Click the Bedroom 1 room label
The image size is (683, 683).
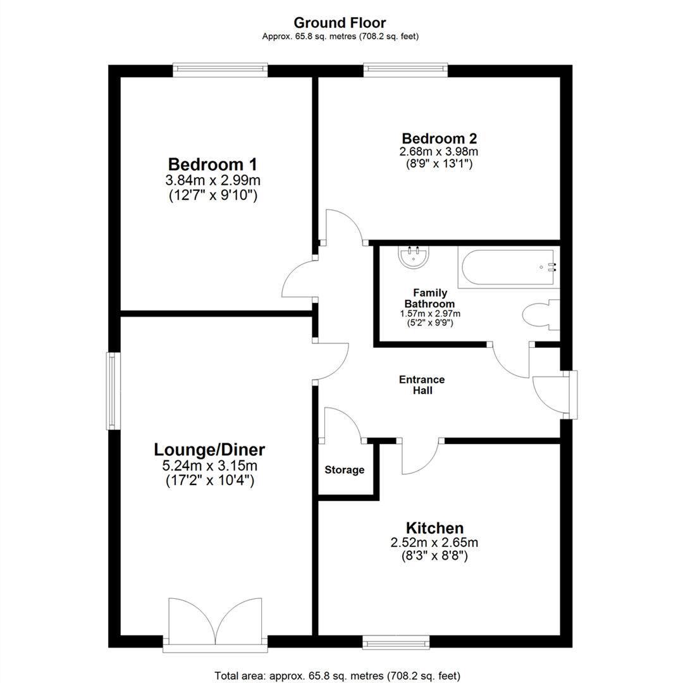tap(212, 164)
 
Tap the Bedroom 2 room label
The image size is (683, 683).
tap(440, 138)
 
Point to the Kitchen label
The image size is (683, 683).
tap(435, 527)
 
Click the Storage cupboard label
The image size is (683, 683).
tap(345, 470)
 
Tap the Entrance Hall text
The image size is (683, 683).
tap(422, 385)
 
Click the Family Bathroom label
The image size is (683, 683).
tap(430, 298)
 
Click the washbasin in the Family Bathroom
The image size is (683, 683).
tap(415, 257)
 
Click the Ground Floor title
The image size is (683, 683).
tap(341, 23)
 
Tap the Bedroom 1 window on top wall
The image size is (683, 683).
tap(221, 70)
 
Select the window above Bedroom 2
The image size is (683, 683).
tap(405, 70)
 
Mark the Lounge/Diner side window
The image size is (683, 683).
tap(113, 390)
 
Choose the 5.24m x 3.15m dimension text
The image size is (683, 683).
tap(210, 467)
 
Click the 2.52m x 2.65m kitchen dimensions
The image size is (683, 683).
tap(435, 543)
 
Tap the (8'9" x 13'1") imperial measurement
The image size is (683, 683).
tap(440, 164)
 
